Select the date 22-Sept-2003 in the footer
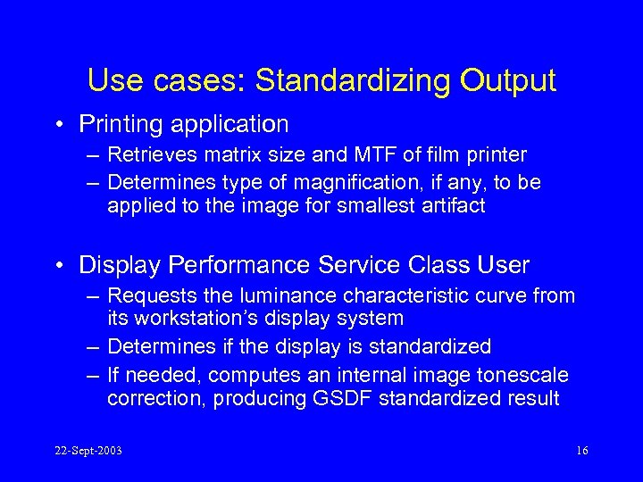[87, 451]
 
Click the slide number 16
[581, 451]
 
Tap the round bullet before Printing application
[60, 124]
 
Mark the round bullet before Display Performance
[60, 266]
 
